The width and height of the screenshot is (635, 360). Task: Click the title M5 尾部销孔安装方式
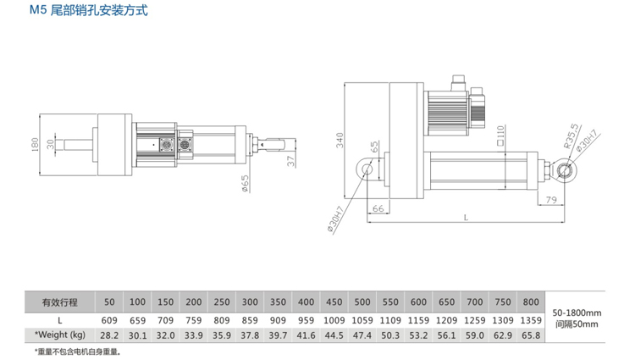[x=89, y=9]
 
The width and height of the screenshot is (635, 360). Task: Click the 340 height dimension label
[x=340, y=140]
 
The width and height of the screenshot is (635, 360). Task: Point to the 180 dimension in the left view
[x=35, y=145]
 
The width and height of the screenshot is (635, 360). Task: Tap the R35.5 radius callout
[x=571, y=136]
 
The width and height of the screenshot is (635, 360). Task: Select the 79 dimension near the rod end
[x=551, y=200]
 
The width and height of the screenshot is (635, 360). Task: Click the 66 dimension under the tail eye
[x=378, y=208]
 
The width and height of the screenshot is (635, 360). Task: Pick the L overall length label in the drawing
[x=466, y=218]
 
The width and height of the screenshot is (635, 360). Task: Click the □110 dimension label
[x=500, y=136]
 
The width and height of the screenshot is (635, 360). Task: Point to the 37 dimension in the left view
[x=291, y=161]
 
